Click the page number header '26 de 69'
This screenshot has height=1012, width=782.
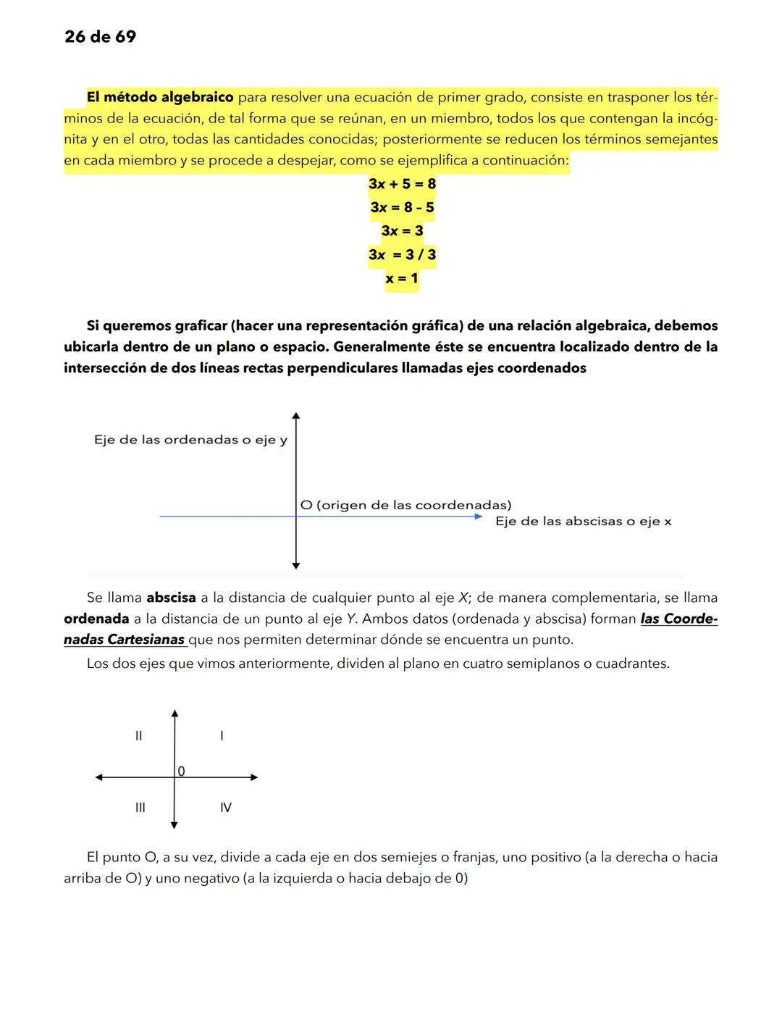[x=100, y=37]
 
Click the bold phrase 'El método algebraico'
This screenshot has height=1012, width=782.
[x=160, y=97]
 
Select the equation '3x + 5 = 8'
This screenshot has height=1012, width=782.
[x=402, y=184]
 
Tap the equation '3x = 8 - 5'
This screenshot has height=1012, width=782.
[x=402, y=208]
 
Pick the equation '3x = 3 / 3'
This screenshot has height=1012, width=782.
[x=402, y=255]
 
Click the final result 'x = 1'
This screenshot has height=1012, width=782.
[x=402, y=278]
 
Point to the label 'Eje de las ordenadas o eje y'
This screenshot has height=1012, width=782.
[x=190, y=440]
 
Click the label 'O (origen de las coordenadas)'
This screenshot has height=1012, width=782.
[x=405, y=505]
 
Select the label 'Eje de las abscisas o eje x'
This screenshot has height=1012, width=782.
[x=583, y=522]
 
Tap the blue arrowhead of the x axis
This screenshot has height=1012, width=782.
[x=478, y=517]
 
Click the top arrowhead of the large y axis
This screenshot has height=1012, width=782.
[x=295, y=416]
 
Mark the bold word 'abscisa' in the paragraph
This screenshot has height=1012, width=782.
[x=171, y=598]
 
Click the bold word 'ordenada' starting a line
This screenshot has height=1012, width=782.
[x=96, y=619]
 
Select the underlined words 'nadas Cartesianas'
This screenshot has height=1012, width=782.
[x=124, y=640]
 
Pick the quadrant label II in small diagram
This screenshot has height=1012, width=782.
[x=138, y=736]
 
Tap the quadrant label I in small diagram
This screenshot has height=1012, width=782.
[x=222, y=736]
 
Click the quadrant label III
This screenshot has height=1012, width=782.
[x=140, y=807]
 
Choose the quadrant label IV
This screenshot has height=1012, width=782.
[x=226, y=807]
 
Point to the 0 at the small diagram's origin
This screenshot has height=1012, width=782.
[x=181, y=771]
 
